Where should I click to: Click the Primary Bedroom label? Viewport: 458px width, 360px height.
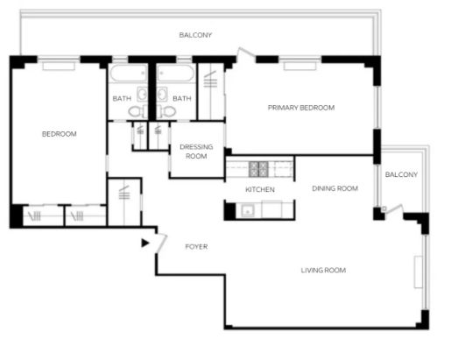pos(301,108)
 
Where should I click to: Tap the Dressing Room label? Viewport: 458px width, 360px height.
pos(196,152)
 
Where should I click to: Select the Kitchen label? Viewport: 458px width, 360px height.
pos(260,190)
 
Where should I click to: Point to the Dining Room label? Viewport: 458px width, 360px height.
pos(335,188)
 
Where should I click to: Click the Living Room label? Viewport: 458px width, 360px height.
pos(323,271)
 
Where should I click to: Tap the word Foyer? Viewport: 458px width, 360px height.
pos(196,247)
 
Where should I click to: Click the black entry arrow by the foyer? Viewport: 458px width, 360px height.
pos(145,243)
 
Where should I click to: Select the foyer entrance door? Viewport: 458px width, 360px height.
pos(161,244)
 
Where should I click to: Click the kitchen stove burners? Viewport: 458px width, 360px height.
pos(258,169)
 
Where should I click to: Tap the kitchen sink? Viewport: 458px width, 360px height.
pos(248,210)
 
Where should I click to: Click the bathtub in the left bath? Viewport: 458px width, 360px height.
pos(129,73)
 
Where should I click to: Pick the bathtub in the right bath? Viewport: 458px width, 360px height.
pos(175,73)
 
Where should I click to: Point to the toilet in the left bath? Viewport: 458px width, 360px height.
pos(137,111)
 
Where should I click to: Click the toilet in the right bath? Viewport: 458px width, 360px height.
pos(166,111)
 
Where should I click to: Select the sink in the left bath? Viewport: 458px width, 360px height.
pos(142,94)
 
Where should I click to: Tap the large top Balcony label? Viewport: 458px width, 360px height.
pos(195,35)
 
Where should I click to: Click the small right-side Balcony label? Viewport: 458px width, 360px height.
pos(401,174)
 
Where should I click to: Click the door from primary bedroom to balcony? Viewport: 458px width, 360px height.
pos(245,53)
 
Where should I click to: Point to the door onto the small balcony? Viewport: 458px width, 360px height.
pos(393,209)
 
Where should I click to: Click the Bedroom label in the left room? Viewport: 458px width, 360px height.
pos(60,134)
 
